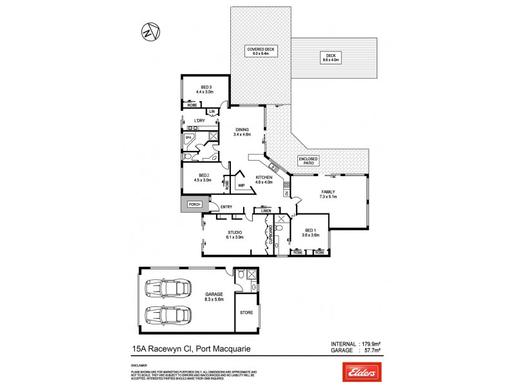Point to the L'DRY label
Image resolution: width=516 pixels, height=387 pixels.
[199, 121]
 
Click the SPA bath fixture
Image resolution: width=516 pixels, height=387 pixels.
[190, 138]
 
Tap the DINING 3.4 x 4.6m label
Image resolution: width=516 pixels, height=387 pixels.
[243, 132]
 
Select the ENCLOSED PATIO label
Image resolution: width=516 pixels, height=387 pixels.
[307, 162]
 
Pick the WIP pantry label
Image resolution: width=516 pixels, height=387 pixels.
[241, 185]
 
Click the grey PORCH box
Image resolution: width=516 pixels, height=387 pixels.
[194, 204]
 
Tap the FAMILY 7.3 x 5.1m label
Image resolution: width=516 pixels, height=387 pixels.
[329, 193]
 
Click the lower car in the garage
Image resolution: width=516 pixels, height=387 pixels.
[168, 316]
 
